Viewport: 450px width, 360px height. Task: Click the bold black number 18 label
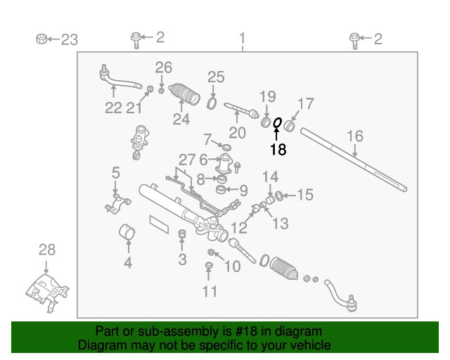tap(278, 149)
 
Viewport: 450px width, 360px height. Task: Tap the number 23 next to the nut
tap(69, 39)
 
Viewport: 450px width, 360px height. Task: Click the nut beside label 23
tap(41, 39)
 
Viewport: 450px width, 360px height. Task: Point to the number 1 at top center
tap(243, 38)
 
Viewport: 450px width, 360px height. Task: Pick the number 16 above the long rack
tap(355, 136)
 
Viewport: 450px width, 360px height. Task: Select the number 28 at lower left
tap(46, 250)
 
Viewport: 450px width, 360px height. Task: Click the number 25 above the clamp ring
tap(215, 77)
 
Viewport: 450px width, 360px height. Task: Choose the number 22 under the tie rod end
tap(113, 108)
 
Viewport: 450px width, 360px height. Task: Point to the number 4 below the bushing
tap(128, 264)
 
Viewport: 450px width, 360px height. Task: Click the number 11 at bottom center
tap(210, 291)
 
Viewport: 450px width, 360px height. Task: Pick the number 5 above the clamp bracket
tap(115, 172)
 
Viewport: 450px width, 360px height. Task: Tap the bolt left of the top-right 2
tap(356, 40)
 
